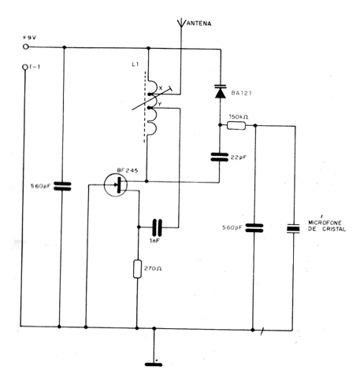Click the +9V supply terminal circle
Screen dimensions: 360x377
pos(25,46)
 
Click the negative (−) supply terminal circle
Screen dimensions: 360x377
pos(25,67)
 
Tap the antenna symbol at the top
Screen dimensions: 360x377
pos(181,23)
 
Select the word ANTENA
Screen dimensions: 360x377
pos(199,24)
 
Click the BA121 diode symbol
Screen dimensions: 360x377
pos(221,91)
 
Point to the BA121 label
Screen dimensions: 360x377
pos(241,93)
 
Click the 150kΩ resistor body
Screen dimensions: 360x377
pos(236,126)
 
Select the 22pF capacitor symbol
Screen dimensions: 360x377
pos(220,157)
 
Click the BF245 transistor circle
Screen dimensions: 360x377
pos(116,185)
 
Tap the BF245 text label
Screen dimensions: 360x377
pos(128,170)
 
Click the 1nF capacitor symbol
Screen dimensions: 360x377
pos(158,227)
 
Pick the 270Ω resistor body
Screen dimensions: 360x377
pos(137,269)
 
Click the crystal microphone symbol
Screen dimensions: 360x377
pos(293,228)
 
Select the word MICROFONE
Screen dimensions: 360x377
pos(325,223)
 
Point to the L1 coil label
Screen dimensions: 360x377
pos(135,65)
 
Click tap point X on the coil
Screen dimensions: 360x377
pos(150,94)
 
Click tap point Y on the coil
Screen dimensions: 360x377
pos(150,108)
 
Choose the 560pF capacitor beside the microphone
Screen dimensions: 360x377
pos(254,227)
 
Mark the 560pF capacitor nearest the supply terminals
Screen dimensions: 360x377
pos(62,187)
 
